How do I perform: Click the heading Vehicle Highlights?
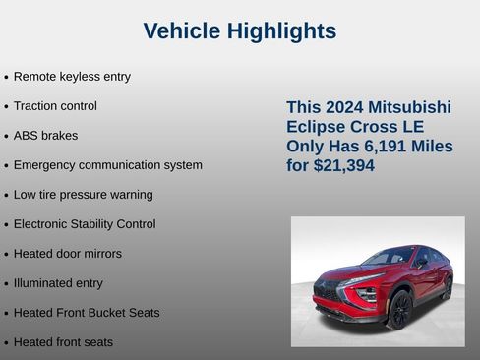coord(240,31)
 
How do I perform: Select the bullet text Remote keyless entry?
coord(72,77)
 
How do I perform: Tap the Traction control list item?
coord(55,106)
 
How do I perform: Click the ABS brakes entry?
coord(45,136)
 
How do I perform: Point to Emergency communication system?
coord(107,165)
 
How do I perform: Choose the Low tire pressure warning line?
coord(83,195)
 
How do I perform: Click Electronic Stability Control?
coord(85,224)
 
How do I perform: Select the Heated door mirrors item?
coord(68,254)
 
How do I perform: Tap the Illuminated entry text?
coord(58,283)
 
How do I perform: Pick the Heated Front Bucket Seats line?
coord(87,313)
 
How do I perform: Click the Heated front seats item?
coord(63,342)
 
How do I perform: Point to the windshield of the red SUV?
coord(387,260)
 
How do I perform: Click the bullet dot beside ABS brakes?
coord(7,137)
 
